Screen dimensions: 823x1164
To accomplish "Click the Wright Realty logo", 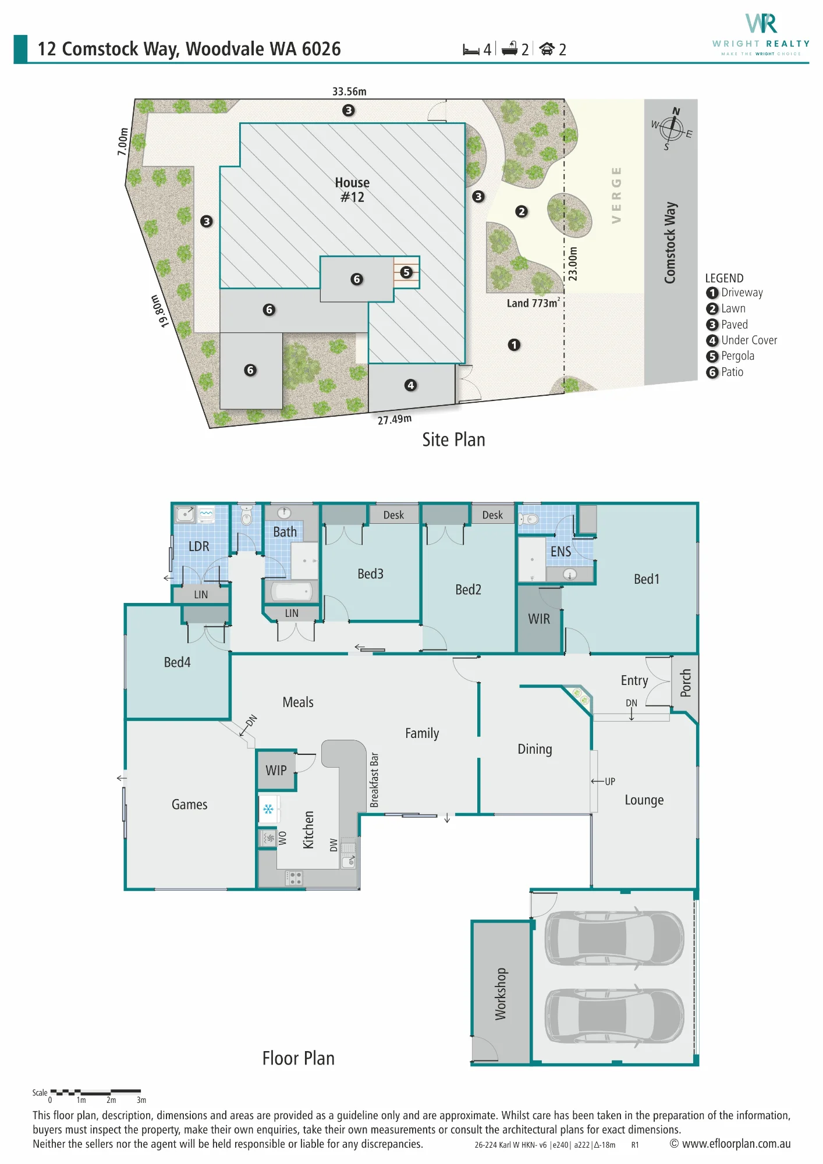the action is pyautogui.click(x=761, y=34).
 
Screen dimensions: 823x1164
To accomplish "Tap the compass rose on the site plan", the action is pyautogui.click(x=672, y=129).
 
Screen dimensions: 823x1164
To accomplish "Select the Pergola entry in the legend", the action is pyautogui.click(x=730, y=356).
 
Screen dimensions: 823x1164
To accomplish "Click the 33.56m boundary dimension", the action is pyautogui.click(x=349, y=91).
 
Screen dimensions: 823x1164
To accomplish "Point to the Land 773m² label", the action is pyautogui.click(x=533, y=303).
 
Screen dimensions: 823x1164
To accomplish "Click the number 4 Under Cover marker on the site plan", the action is pyautogui.click(x=411, y=385).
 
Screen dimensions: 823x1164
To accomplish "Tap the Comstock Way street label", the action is pyautogui.click(x=671, y=243).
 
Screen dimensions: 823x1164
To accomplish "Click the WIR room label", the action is pyautogui.click(x=539, y=619).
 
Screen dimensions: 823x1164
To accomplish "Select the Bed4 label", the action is pyautogui.click(x=177, y=662).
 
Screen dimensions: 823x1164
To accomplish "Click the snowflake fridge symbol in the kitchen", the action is pyautogui.click(x=268, y=809).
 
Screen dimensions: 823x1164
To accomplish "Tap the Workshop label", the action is pyautogui.click(x=501, y=994).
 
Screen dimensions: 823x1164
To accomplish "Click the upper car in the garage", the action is pyautogui.click(x=615, y=937).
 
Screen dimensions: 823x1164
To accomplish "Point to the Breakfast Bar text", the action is pyautogui.click(x=374, y=780).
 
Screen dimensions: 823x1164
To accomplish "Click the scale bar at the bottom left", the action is pyautogui.click(x=95, y=1092).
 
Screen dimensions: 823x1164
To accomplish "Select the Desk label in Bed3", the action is pyautogui.click(x=393, y=515).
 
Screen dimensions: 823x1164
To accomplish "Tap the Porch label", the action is pyautogui.click(x=686, y=683).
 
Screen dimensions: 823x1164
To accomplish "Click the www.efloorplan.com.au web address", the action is pyautogui.click(x=736, y=1144).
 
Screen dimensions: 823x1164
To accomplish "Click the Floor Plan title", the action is pyautogui.click(x=299, y=1058).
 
